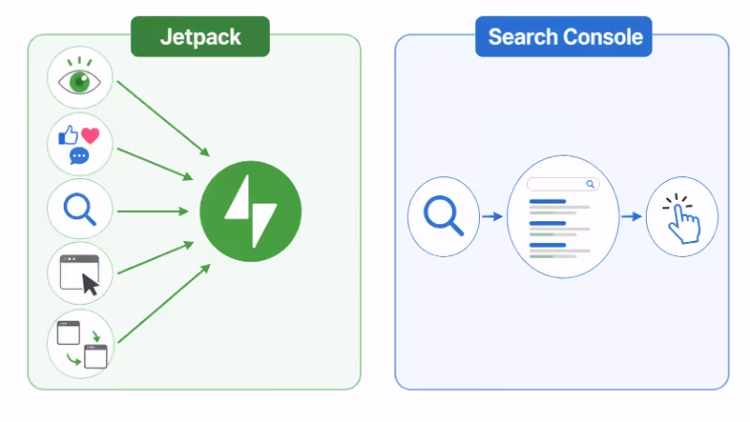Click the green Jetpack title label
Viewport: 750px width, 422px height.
(x=200, y=38)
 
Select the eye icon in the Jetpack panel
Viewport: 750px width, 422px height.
(x=80, y=81)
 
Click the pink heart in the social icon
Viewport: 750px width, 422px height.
(x=90, y=135)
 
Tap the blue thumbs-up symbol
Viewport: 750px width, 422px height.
(x=68, y=137)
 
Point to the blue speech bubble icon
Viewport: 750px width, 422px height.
(x=80, y=155)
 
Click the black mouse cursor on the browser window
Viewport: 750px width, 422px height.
(x=90, y=282)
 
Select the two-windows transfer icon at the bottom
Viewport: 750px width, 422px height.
(x=81, y=343)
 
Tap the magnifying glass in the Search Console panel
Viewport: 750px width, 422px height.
(x=443, y=216)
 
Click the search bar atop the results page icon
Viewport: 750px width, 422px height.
(x=562, y=185)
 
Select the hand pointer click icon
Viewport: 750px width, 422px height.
(x=682, y=217)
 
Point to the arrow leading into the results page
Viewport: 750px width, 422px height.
(x=492, y=217)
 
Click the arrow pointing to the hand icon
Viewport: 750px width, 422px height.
(x=631, y=217)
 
